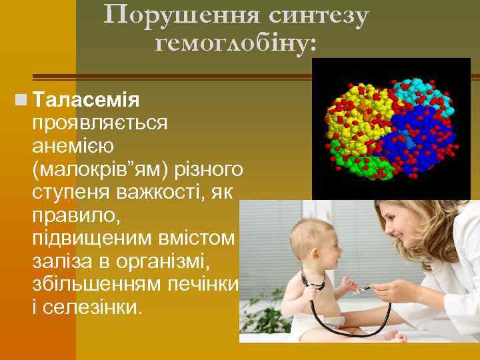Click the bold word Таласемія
point(85,101)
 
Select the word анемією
point(73,145)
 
